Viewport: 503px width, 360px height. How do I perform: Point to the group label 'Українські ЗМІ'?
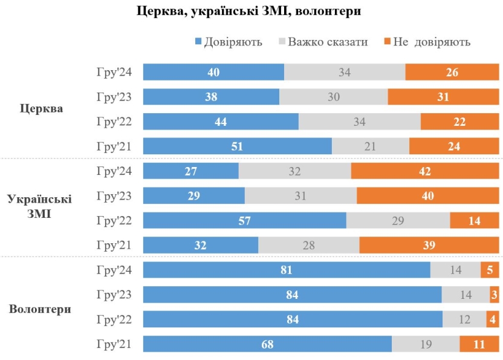click(39, 208)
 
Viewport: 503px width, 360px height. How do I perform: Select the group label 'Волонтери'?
click(41, 309)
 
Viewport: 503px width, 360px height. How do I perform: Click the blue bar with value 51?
click(237, 146)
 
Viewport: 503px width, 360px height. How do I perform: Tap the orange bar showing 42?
click(424, 171)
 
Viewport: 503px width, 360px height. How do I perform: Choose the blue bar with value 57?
click(244, 220)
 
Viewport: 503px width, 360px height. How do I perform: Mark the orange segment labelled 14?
click(474, 220)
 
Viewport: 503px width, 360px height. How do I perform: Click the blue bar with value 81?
click(287, 270)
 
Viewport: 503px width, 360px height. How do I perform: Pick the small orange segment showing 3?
click(495, 295)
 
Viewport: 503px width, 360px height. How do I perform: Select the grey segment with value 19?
click(426, 344)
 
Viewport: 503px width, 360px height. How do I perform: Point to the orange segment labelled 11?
click(479, 344)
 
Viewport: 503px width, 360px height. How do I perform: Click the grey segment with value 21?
click(371, 146)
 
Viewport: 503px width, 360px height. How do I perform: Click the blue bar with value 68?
click(267, 344)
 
